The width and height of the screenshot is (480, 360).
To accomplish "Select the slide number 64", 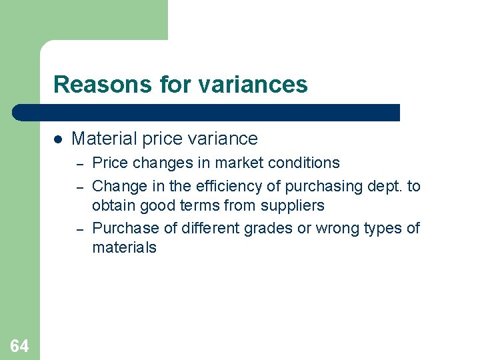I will (x=19, y=345).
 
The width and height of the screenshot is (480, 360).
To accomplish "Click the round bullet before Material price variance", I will (x=58, y=139).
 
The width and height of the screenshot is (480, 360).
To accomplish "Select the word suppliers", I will (x=292, y=205).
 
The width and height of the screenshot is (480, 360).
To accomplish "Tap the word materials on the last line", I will (x=124, y=247).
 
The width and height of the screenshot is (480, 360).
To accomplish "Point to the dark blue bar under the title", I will (x=207, y=112).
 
